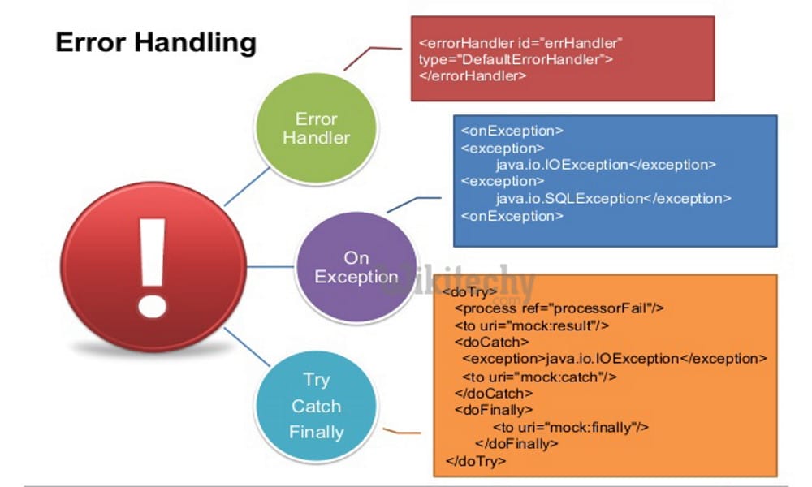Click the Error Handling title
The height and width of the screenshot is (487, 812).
pyautogui.click(x=155, y=43)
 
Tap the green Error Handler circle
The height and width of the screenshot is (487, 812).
pyautogui.click(x=316, y=129)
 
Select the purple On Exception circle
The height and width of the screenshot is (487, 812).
pyautogui.click(x=356, y=267)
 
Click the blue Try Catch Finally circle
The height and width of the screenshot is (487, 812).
pyautogui.click(x=316, y=406)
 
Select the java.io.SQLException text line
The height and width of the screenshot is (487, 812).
pyautogui.click(x=613, y=198)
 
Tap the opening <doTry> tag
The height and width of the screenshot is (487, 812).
pyautogui.click(x=470, y=291)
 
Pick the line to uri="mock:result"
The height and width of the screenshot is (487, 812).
pyautogui.click(x=532, y=325)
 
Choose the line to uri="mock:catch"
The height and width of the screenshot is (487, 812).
pyautogui.click(x=540, y=377)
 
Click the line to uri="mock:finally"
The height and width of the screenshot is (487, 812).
pyautogui.click(x=571, y=427)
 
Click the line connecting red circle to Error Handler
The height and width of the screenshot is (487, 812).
pyautogui.click(x=246, y=186)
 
